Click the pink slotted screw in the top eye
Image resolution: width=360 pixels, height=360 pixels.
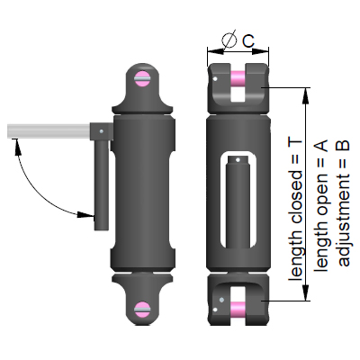tap(143, 80)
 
